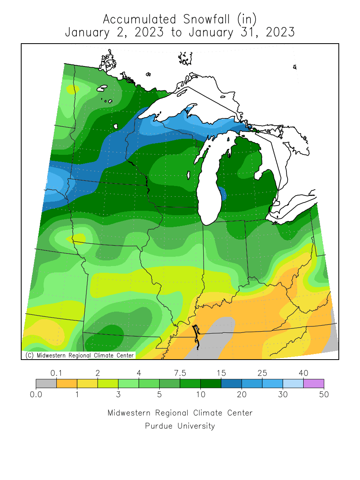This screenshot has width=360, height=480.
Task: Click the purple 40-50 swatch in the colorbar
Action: pyautogui.click(x=314, y=384)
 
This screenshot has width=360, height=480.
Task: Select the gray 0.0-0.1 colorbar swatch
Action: pyautogui.click(x=46, y=384)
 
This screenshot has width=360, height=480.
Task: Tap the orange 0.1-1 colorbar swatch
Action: pyautogui.click(x=66, y=384)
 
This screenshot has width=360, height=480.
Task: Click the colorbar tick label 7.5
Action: pyautogui.click(x=180, y=373)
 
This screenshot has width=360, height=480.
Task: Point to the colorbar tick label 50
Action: pyautogui.click(x=324, y=395)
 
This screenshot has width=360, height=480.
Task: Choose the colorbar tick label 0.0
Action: pyautogui.click(x=36, y=395)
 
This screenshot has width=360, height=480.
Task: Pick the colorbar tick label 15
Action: pyautogui.click(x=221, y=373)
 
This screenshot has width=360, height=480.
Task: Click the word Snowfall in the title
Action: pyautogui.click(x=204, y=19)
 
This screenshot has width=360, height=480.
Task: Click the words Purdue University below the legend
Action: pyautogui.click(x=180, y=426)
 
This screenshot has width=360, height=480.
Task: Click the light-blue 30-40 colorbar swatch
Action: pyautogui.click(x=293, y=384)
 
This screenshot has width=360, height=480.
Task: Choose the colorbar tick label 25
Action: pyautogui.click(x=262, y=373)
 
